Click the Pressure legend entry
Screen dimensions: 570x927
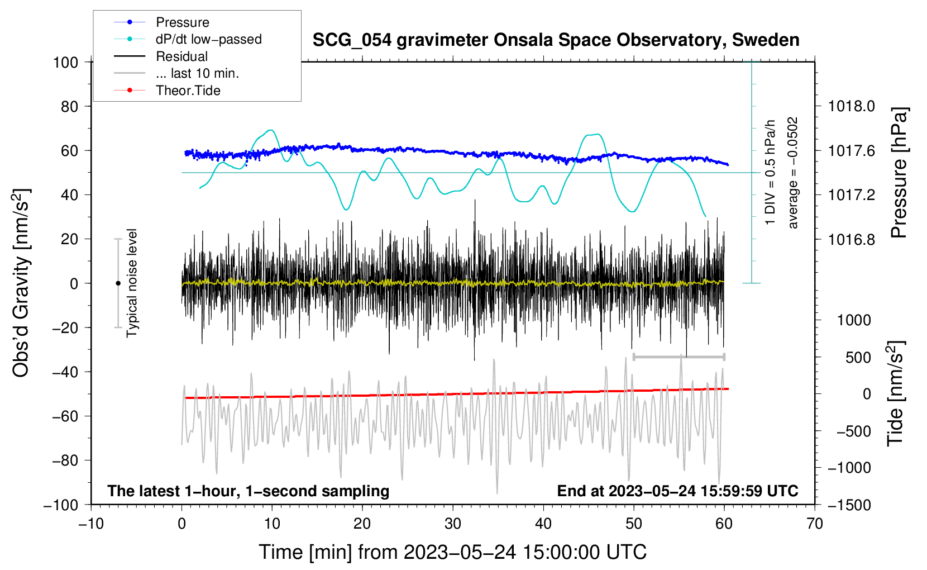pos(182,22)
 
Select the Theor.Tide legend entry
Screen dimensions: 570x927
pos(188,91)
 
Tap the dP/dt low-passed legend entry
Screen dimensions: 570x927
pos(208,39)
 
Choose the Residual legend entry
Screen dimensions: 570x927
pos(181,56)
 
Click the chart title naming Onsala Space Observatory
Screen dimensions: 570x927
pos(556,40)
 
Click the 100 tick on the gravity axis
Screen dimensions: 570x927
pos(65,62)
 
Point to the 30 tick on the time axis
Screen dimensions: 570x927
pos(453,524)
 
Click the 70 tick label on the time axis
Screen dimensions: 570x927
pos(815,524)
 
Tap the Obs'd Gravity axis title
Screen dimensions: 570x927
pos(21,283)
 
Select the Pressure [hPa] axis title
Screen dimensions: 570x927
pos(899,173)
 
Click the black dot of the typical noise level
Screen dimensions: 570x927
pos(118,283)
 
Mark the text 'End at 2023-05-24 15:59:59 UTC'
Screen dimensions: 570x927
pos(677,491)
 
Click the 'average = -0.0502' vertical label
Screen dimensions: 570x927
pos(793,173)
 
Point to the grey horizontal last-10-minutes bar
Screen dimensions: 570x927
pos(678,357)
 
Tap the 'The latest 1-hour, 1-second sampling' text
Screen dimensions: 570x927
pos(248,491)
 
